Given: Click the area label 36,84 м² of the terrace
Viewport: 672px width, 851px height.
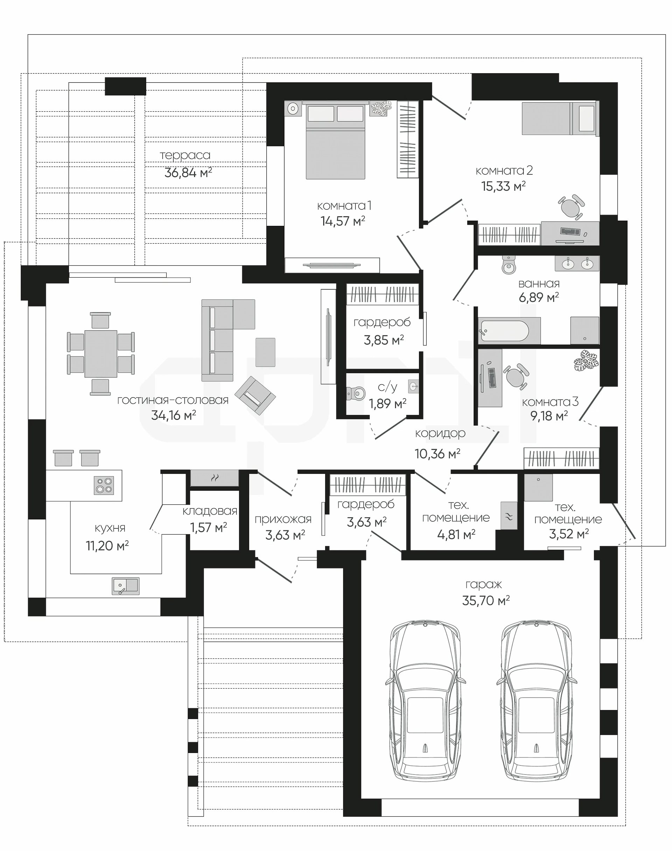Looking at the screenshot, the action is pos(188,172).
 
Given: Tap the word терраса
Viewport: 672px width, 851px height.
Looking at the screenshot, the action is pos(185,155).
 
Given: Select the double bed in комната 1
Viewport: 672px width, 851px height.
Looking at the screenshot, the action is pos(336,140).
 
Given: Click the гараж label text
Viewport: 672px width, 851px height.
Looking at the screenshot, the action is pos(484,585).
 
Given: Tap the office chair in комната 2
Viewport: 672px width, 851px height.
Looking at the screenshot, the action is pos(571,206).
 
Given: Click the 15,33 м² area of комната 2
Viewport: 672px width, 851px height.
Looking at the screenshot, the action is pos(503,186).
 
